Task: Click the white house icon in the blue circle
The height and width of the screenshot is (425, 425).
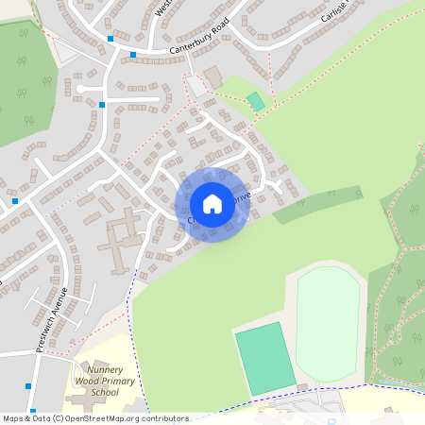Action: coord(212,203)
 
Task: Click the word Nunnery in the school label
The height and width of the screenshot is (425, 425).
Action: coord(94,370)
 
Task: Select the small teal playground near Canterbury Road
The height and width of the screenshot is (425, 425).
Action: coord(256,101)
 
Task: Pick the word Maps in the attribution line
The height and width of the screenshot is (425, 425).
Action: coord(13,418)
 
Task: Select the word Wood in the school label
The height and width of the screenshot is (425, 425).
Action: coord(87,381)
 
